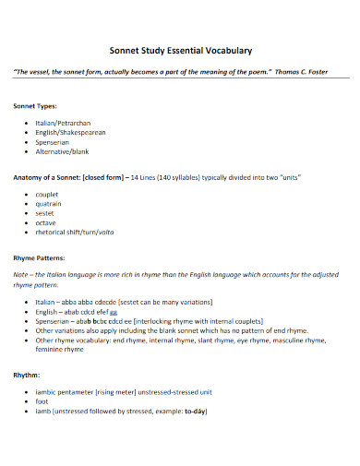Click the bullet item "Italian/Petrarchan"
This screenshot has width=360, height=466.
coord(63,123)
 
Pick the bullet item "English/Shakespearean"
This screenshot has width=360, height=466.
coord(70,132)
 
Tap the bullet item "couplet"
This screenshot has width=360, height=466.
coord(48,195)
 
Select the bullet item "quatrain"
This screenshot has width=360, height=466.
coord(50,204)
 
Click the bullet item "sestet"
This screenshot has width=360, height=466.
coord(46,213)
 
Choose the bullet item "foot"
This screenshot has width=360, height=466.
coord(42,401)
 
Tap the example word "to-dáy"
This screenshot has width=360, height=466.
coord(195,411)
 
